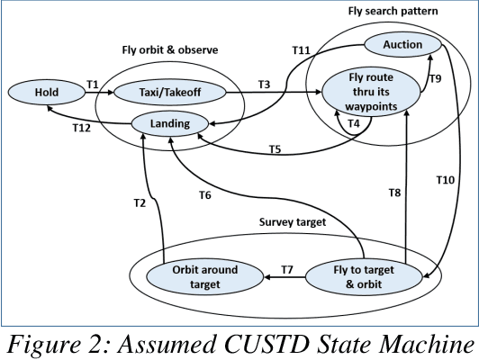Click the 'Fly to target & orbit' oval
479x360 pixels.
pos(357,276)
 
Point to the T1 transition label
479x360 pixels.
pos(93,83)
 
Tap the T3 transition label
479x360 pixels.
pos(264,83)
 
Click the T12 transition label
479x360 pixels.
pos(82,129)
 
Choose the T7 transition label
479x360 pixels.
pos(288,269)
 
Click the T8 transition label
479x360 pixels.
pos(393,193)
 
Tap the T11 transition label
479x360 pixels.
pos(300,51)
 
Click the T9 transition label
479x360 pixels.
pos(436,79)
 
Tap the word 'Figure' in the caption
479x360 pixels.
pos(61,342)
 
